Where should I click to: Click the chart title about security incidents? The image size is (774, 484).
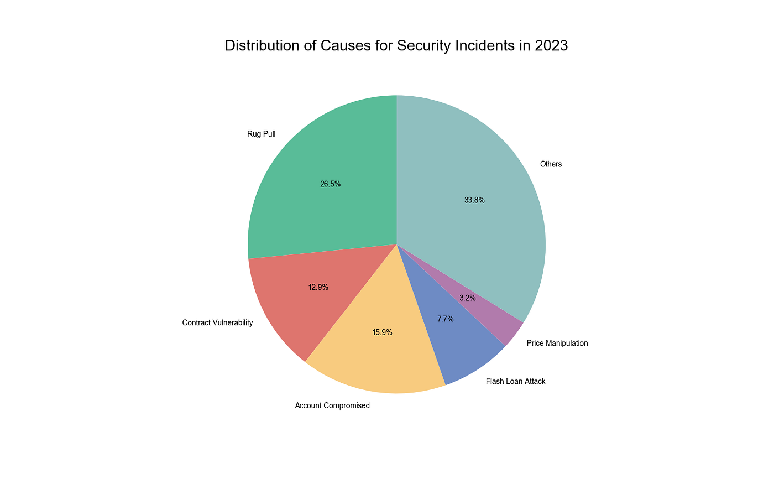click(x=396, y=45)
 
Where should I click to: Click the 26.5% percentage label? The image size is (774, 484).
click(x=330, y=184)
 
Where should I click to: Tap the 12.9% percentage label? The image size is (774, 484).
click(x=318, y=287)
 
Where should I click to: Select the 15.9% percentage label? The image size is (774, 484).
click(x=382, y=332)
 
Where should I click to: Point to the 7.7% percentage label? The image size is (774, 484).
click(x=445, y=319)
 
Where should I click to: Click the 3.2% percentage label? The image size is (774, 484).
click(x=467, y=298)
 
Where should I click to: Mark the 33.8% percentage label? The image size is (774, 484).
click(x=474, y=200)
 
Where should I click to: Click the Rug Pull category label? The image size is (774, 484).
click(x=261, y=134)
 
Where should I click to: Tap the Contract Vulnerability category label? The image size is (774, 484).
click(x=217, y=322)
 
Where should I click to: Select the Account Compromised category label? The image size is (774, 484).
click(x=332, y=405)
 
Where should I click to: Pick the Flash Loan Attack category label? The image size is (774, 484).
click(x=515, y=381)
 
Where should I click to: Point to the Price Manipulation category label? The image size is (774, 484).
click(x=557, y=343)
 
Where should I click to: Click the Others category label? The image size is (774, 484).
click(x=551, y=164)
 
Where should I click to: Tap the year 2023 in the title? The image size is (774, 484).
click(x=551, y=45)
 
